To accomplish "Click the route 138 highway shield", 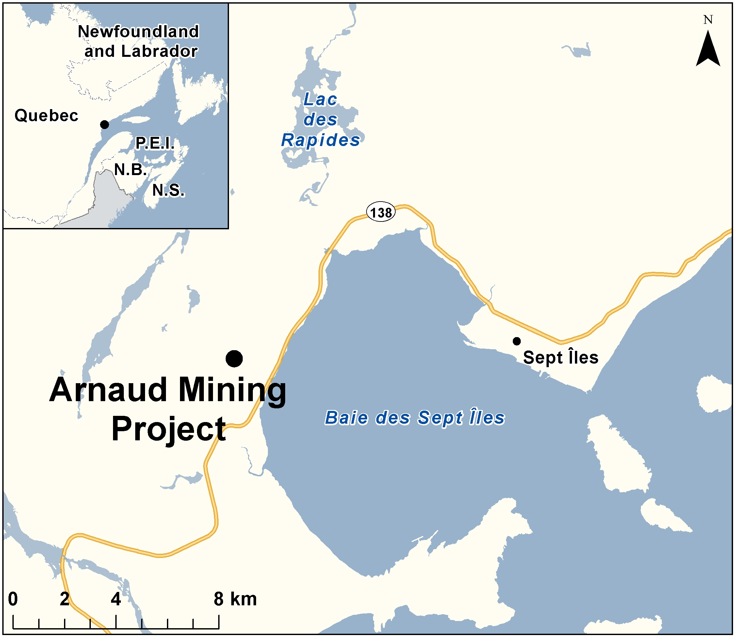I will [x=381, y=212].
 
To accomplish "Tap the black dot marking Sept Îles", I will [x=516, y=341].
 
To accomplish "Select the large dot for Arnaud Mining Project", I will [x=234, y=358].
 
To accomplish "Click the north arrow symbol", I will [x=708, y=49].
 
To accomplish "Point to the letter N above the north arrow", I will [x=708, y=20].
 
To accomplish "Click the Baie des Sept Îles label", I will [x=415, y=418].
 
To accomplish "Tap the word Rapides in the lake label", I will [x=320, y=140].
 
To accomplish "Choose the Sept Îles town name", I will [x=561, y=357].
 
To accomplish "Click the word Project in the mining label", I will [x=169, y=430].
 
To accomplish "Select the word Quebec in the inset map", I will [x=46, y=116].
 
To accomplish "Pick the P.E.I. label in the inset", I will [x=155, y=143].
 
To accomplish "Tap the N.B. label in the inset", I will [x=130, y=170].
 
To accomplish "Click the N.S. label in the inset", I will [x=169, y=190].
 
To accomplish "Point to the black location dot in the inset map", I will [x=105, y=124].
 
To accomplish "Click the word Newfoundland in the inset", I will [x=138, y=32].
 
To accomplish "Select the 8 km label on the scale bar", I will [x=235, y=599].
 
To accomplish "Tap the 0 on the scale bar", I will [x=13, y=599].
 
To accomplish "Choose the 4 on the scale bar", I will [x=116, y=599].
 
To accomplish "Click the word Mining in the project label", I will [x=232, y=391].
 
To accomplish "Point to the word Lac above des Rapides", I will [x=320, y=100].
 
